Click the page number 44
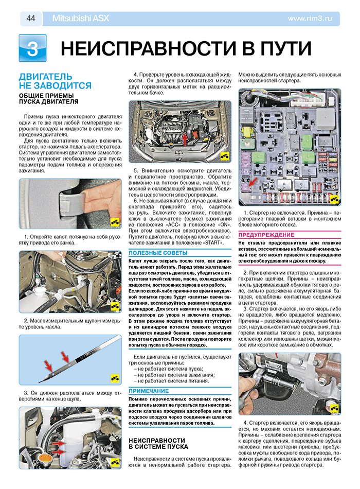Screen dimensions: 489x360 pyautogui.click(x=31, y=19)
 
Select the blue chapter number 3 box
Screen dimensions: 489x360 pyautogui.click(x=32, y=48)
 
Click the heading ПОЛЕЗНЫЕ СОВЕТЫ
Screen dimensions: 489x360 pyautogui.click(x=151, y=253)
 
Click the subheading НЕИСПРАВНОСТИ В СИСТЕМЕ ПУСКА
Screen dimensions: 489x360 pyautogui.click(x=157, y=444)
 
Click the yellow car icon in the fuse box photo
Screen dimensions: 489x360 pyautogui.click(x=333, y=200)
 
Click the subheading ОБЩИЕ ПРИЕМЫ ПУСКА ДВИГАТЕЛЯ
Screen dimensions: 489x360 pyautogui.click(x=46, y=98)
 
